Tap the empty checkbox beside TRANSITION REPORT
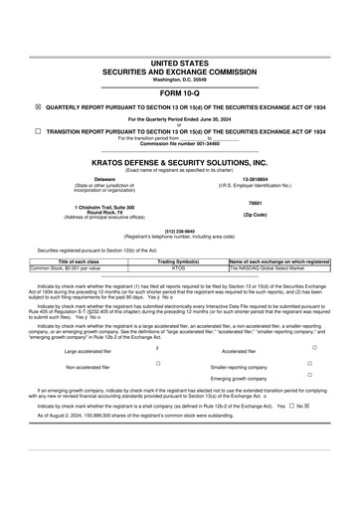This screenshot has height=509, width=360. pos(38,130)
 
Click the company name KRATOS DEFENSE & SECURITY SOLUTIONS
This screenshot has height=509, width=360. pos(179,162)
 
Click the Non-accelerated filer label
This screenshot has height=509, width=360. pos(89,367)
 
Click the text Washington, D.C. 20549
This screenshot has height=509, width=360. pos(179,79)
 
